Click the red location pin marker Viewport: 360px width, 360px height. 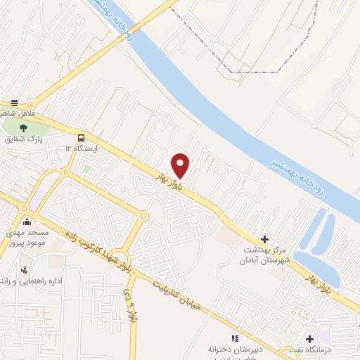tap(181, 165)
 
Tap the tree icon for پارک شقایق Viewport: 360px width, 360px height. tap(24, 127)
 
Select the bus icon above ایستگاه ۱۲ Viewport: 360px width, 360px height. tap(82, 138)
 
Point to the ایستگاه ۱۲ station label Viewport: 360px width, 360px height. tap(82, 149)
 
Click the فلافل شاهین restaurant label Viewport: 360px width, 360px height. tap(15, 114)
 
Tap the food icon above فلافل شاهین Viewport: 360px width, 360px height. tap(15, 103)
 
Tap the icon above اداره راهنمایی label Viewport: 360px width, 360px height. tap(25, 270)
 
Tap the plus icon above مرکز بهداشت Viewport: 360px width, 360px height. tap(264, 240)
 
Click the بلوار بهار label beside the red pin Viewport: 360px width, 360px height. tap(169, 180)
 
